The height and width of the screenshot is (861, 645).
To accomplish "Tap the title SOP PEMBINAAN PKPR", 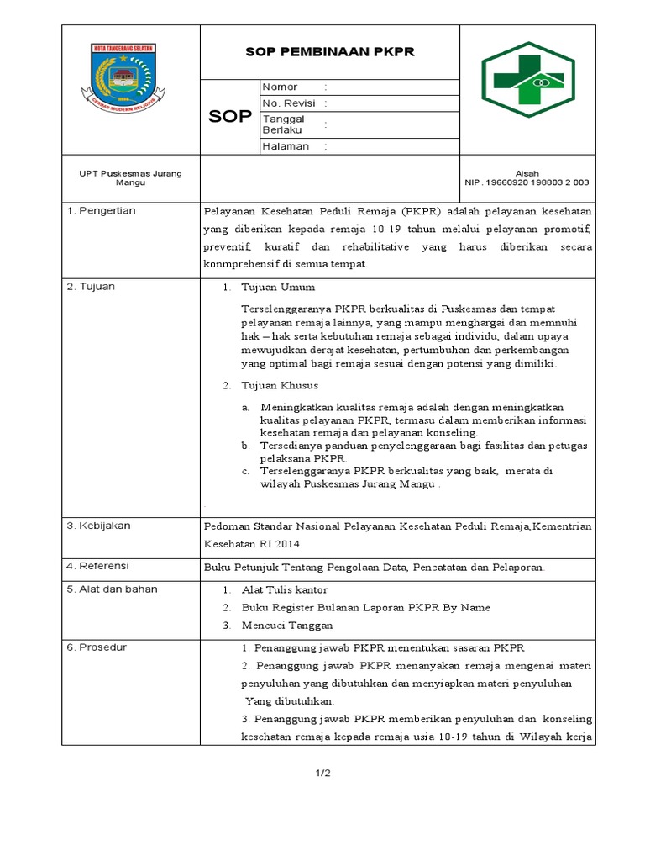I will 330,52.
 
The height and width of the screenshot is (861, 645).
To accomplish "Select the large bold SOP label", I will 230,117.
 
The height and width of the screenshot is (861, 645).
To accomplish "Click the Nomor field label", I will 281,87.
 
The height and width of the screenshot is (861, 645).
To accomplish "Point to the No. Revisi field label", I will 289,103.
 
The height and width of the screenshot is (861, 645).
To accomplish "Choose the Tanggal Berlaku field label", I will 284,124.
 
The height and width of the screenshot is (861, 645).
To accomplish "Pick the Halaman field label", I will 286,146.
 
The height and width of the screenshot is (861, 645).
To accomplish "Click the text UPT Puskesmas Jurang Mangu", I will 130,177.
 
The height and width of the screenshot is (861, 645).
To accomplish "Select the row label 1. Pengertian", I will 102,211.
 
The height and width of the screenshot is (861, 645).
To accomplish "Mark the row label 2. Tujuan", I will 91,287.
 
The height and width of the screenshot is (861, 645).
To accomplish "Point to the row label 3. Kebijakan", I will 98,526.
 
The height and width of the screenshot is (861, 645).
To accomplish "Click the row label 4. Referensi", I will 98,566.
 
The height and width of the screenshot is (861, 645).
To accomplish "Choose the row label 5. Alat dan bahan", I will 112,589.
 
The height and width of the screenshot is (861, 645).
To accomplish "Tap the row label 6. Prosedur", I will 97,647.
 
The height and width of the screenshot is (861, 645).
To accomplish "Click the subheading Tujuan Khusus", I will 280,386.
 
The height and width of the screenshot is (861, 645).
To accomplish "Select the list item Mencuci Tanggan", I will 286,625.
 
